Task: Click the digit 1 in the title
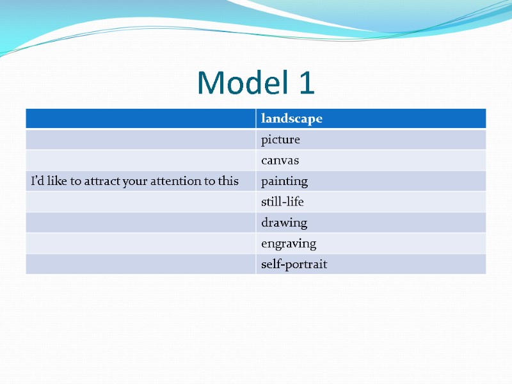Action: pos(306,83)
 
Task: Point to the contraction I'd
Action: pos(37,181)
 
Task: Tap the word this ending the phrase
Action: pos(228,181)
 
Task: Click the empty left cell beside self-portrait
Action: pos(141,264)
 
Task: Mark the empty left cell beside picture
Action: pos(141,140)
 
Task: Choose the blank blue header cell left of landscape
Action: pos(141,118)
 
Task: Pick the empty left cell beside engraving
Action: pos(141,244)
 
